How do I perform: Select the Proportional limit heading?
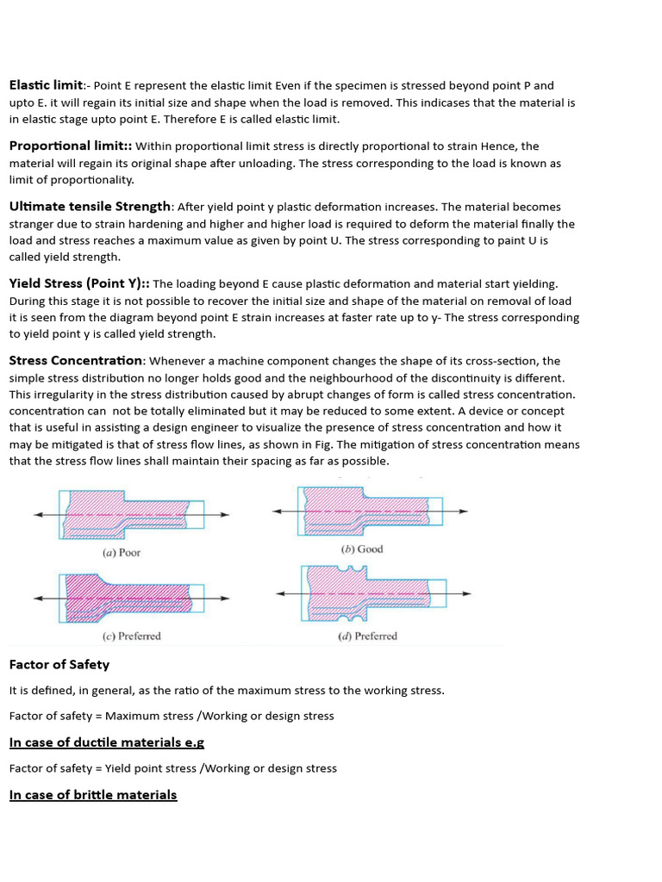69,146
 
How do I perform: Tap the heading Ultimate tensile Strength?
91,207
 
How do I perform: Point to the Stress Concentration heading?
77,361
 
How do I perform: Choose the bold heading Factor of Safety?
59,665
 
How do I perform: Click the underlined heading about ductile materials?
106,742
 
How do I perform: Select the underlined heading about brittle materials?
93,795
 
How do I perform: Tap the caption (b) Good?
362,550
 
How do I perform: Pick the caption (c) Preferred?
131,637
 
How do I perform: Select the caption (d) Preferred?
367,637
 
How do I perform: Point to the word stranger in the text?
34,224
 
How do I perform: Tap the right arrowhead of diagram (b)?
464,511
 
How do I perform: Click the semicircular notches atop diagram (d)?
347,568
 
